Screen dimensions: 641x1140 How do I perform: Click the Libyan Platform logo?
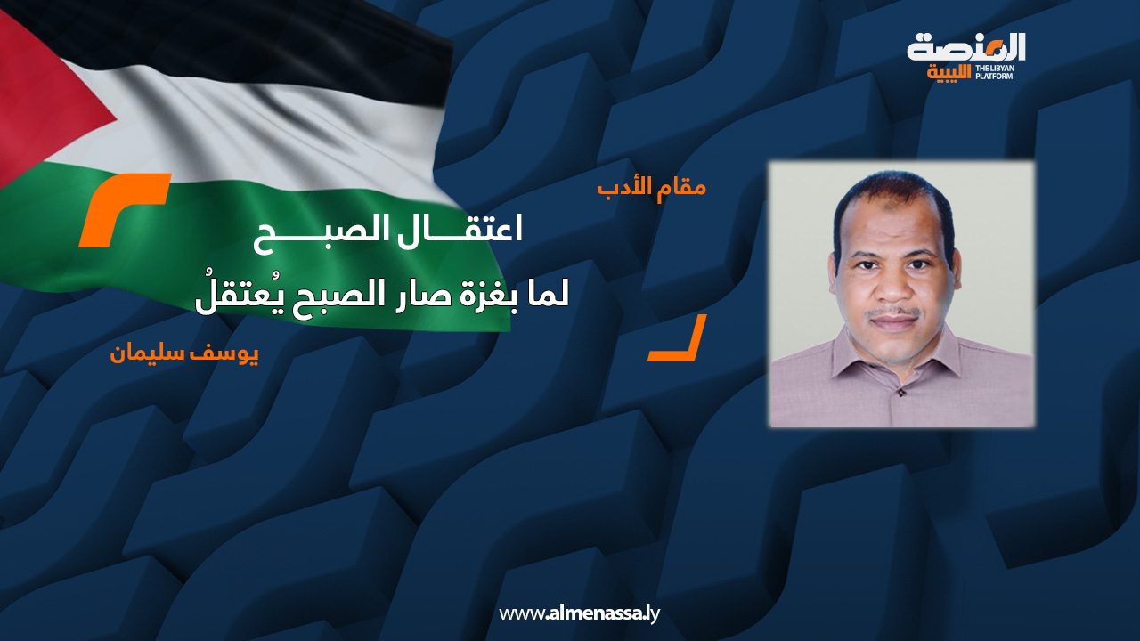click(966, 55)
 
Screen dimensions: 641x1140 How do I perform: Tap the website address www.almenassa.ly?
click(579, 613)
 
